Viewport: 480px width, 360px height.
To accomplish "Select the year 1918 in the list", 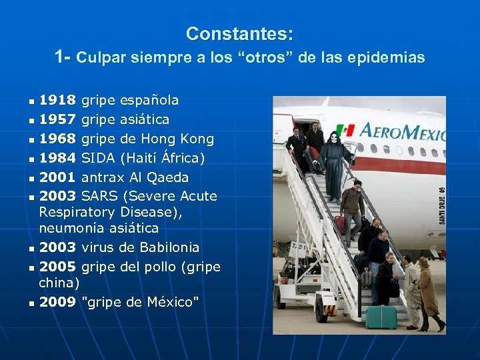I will pyautogui.click(x=57, y=101).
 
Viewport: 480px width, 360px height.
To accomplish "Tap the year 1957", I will pyautogui.click(x=57, y=120).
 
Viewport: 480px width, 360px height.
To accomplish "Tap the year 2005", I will pyautogui.click(x=57, y=267).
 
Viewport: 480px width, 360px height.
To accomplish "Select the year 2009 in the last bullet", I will pyautogui.click(x=57, y=302).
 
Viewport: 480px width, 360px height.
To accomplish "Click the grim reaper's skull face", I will pyautogui.click(x=333, y=139).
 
